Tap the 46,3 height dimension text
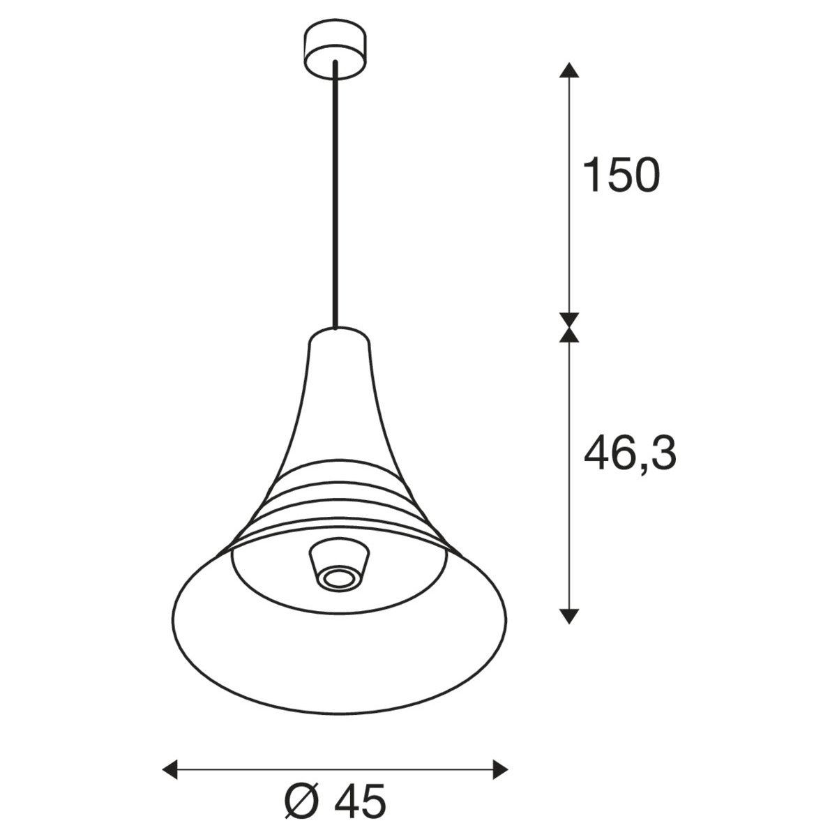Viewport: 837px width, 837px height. [x=631, y=454]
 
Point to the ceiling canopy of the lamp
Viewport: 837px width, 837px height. [x=335, y=49]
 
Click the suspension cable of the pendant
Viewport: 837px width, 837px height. [x=335, y=195]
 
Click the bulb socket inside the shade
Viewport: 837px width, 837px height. [x=339, y=566]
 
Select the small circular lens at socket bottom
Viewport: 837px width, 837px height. [x=339, y=578]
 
